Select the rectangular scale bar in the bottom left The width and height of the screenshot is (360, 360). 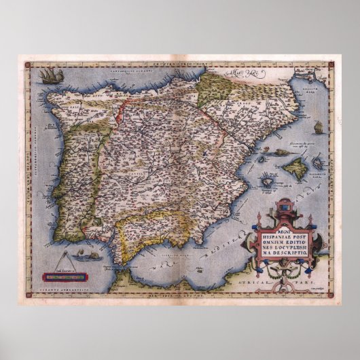click(x=66, y=277)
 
